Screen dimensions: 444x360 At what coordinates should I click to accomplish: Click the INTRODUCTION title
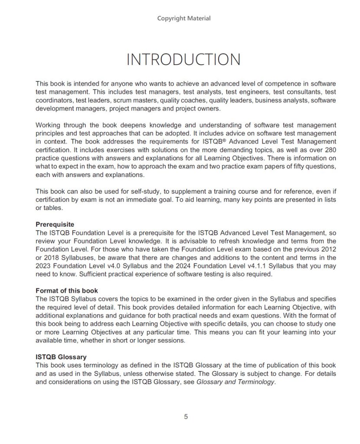(183, 60)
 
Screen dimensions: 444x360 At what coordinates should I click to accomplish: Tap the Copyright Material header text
(184, 18)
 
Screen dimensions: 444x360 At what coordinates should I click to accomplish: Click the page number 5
(186, 417)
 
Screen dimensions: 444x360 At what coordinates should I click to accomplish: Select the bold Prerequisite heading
(55, 225)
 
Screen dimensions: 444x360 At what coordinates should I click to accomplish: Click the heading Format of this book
(67, 291)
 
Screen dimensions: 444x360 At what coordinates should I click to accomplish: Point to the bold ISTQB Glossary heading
(61, 357)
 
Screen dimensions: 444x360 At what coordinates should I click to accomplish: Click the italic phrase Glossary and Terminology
(236, 382)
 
